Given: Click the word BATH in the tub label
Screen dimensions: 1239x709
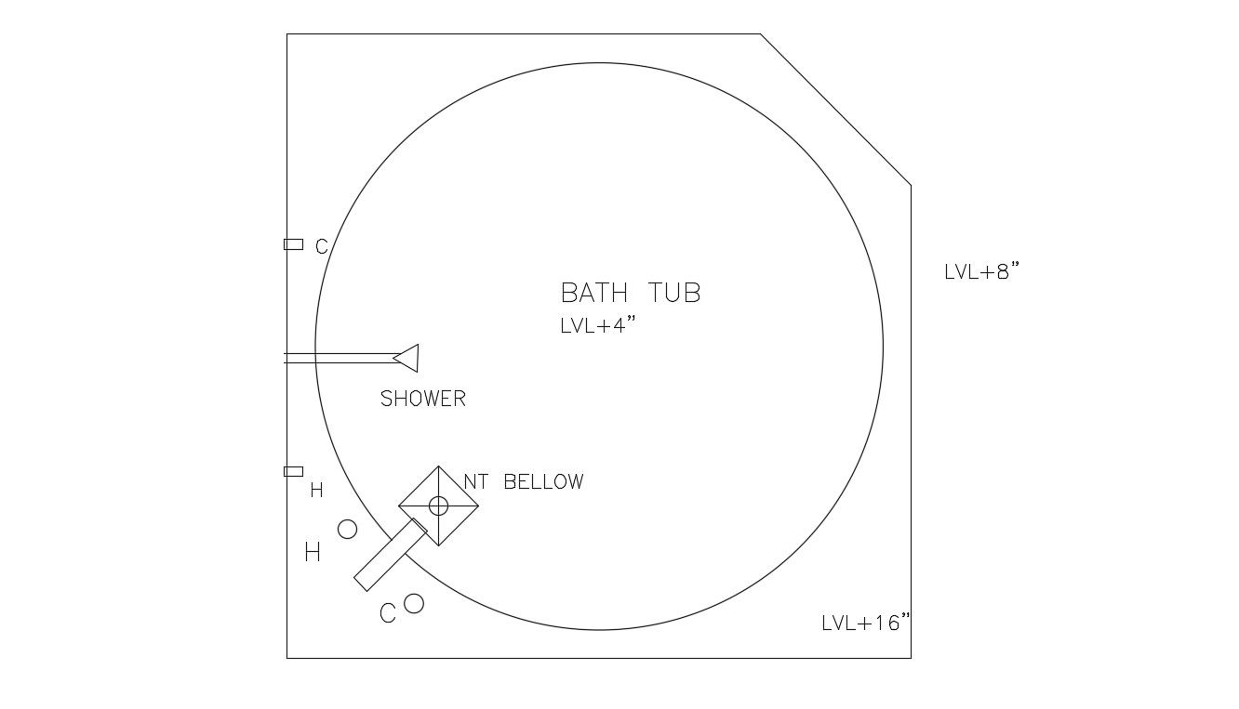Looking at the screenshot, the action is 594,293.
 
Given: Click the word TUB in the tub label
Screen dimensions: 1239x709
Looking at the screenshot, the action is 674,293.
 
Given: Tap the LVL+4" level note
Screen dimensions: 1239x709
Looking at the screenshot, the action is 598,325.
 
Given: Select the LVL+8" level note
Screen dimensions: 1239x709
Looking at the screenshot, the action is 981,271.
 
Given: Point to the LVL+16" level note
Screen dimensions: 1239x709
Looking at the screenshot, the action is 865,623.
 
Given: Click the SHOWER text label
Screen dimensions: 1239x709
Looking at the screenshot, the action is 423,399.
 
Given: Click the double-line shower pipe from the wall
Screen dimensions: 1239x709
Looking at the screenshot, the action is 340,358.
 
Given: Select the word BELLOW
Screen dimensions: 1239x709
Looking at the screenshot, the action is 544,482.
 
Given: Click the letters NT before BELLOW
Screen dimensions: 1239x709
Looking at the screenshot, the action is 475,482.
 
